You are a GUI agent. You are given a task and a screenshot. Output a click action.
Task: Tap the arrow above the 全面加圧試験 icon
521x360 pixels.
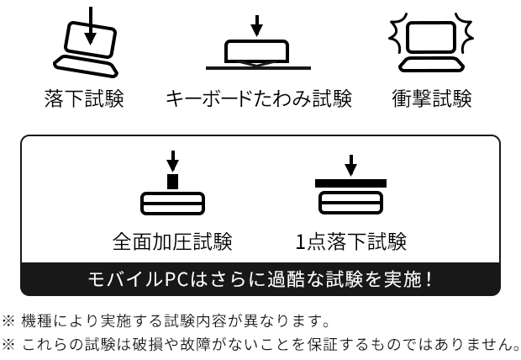172,160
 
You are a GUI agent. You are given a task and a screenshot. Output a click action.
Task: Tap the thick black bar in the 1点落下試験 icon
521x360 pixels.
351,183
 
